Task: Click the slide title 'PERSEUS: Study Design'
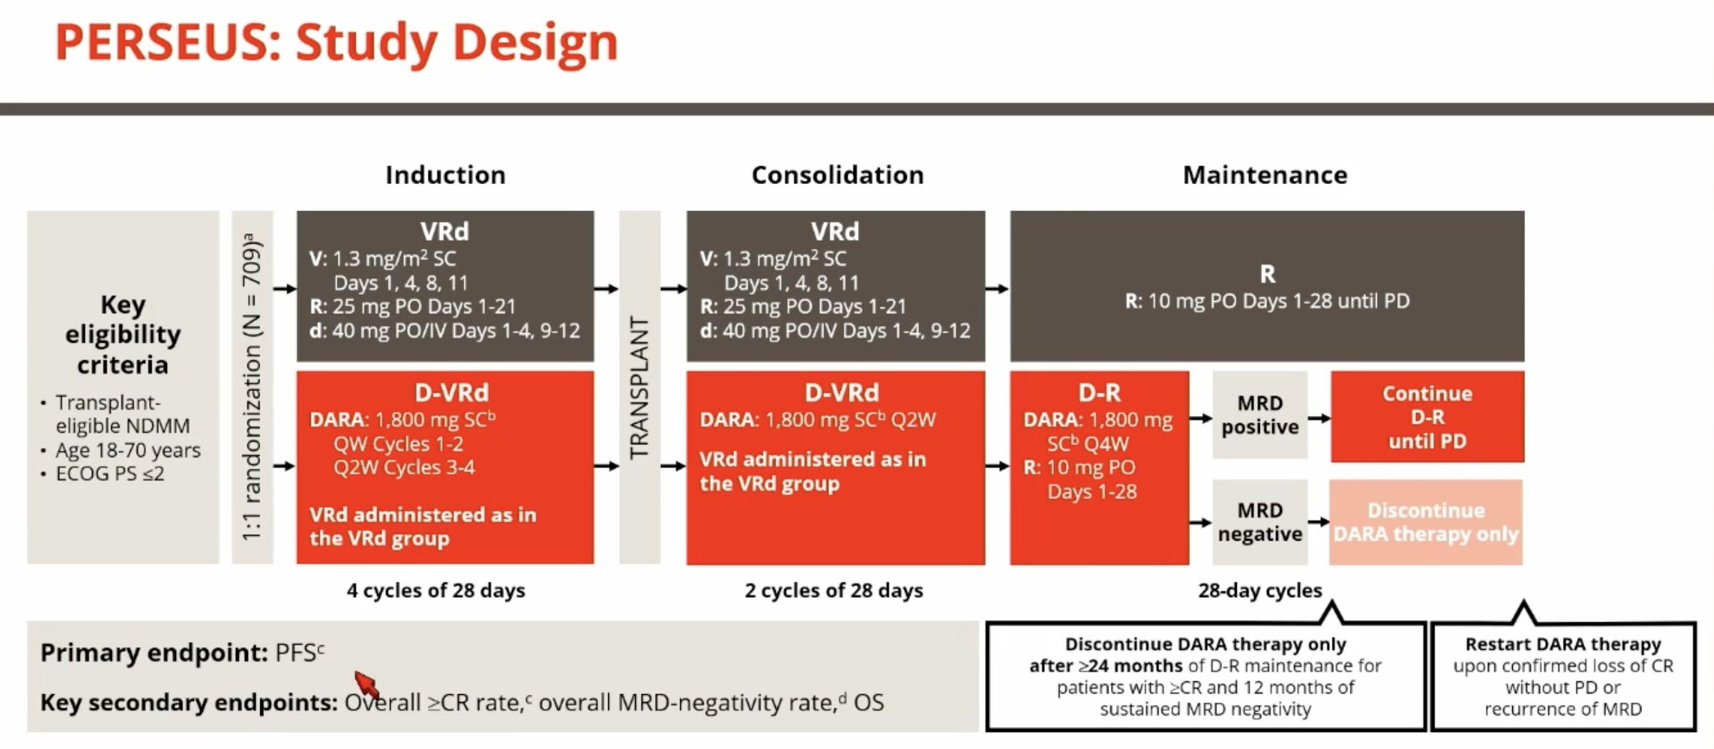337,43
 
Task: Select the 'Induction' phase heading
446,175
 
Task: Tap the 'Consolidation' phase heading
838,175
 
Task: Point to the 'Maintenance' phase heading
1266,175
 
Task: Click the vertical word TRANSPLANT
640,388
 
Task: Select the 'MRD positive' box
1260,414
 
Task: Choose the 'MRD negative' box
1260,522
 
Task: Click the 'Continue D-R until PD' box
1427,417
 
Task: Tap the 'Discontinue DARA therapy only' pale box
1426,522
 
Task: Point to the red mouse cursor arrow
366,684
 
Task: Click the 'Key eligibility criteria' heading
123,335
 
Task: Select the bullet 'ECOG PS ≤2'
110,474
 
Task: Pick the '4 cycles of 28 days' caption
436,591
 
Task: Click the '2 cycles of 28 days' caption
833,591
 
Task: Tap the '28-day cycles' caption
1260,591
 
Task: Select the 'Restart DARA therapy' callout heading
1563,644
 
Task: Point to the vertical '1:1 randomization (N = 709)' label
252,387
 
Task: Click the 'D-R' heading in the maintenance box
1099,392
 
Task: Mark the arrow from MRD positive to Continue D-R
1319,418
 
